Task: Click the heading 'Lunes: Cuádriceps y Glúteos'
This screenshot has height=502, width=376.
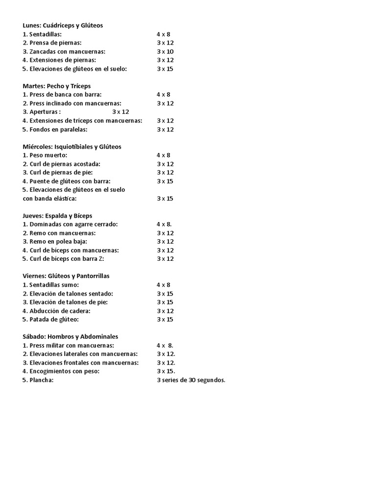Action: click(x=63, y=25)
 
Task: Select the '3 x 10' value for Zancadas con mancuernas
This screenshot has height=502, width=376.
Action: click(x=165, y=51)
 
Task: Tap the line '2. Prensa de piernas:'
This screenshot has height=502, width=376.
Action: click(x=52, y=43)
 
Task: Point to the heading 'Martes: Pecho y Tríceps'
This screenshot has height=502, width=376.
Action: click(x=56, y=86)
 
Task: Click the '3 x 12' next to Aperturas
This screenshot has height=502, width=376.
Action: click(x=120, y=112)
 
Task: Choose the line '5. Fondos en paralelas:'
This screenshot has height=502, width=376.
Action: click(x=55, y=129)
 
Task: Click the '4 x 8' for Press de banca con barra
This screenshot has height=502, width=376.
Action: click(x=164, y=95)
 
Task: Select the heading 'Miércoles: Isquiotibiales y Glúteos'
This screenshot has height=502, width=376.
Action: click(x=72, y=147)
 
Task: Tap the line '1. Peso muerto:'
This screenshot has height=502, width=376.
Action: click(x=45, y=155)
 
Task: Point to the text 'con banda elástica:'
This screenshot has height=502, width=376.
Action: click(x=50, y=199)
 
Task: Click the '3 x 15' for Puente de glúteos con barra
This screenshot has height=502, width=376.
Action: click(x=165, y=181)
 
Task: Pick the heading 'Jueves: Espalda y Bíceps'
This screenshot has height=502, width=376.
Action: click(x=57, y=216)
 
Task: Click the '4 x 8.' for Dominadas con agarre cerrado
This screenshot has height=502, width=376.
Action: click(x=164, y=224)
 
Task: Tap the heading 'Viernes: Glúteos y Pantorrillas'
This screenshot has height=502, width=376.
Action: click(x=66, y=276)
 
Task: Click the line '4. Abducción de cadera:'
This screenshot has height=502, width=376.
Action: click(x=56, y=311)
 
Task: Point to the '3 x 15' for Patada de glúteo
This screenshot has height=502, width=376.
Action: click(x=165, y=320)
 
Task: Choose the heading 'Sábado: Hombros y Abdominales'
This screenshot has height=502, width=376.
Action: click(x=70, y=337)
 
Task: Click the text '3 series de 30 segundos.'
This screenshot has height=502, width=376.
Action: click(x=191, y=380)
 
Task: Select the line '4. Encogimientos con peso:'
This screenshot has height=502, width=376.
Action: click(x=61, y=371)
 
